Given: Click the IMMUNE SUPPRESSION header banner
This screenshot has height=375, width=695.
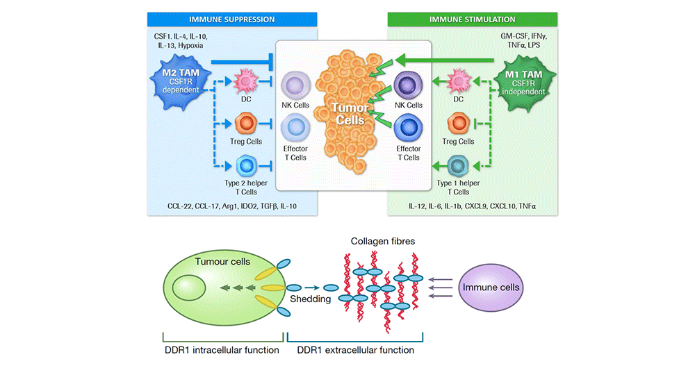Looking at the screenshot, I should (x=233, y=20).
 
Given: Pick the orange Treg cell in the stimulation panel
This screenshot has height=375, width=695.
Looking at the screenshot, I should (x=459, y=125).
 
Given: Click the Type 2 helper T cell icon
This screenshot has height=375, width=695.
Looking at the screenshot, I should (x=247, y=166).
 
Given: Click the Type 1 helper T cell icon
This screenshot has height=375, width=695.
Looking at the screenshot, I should (x=459, y=167).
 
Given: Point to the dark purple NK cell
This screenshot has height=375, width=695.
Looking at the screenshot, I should (x=409, y=86).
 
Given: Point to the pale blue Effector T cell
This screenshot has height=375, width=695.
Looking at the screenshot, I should (x=294, y=129).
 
